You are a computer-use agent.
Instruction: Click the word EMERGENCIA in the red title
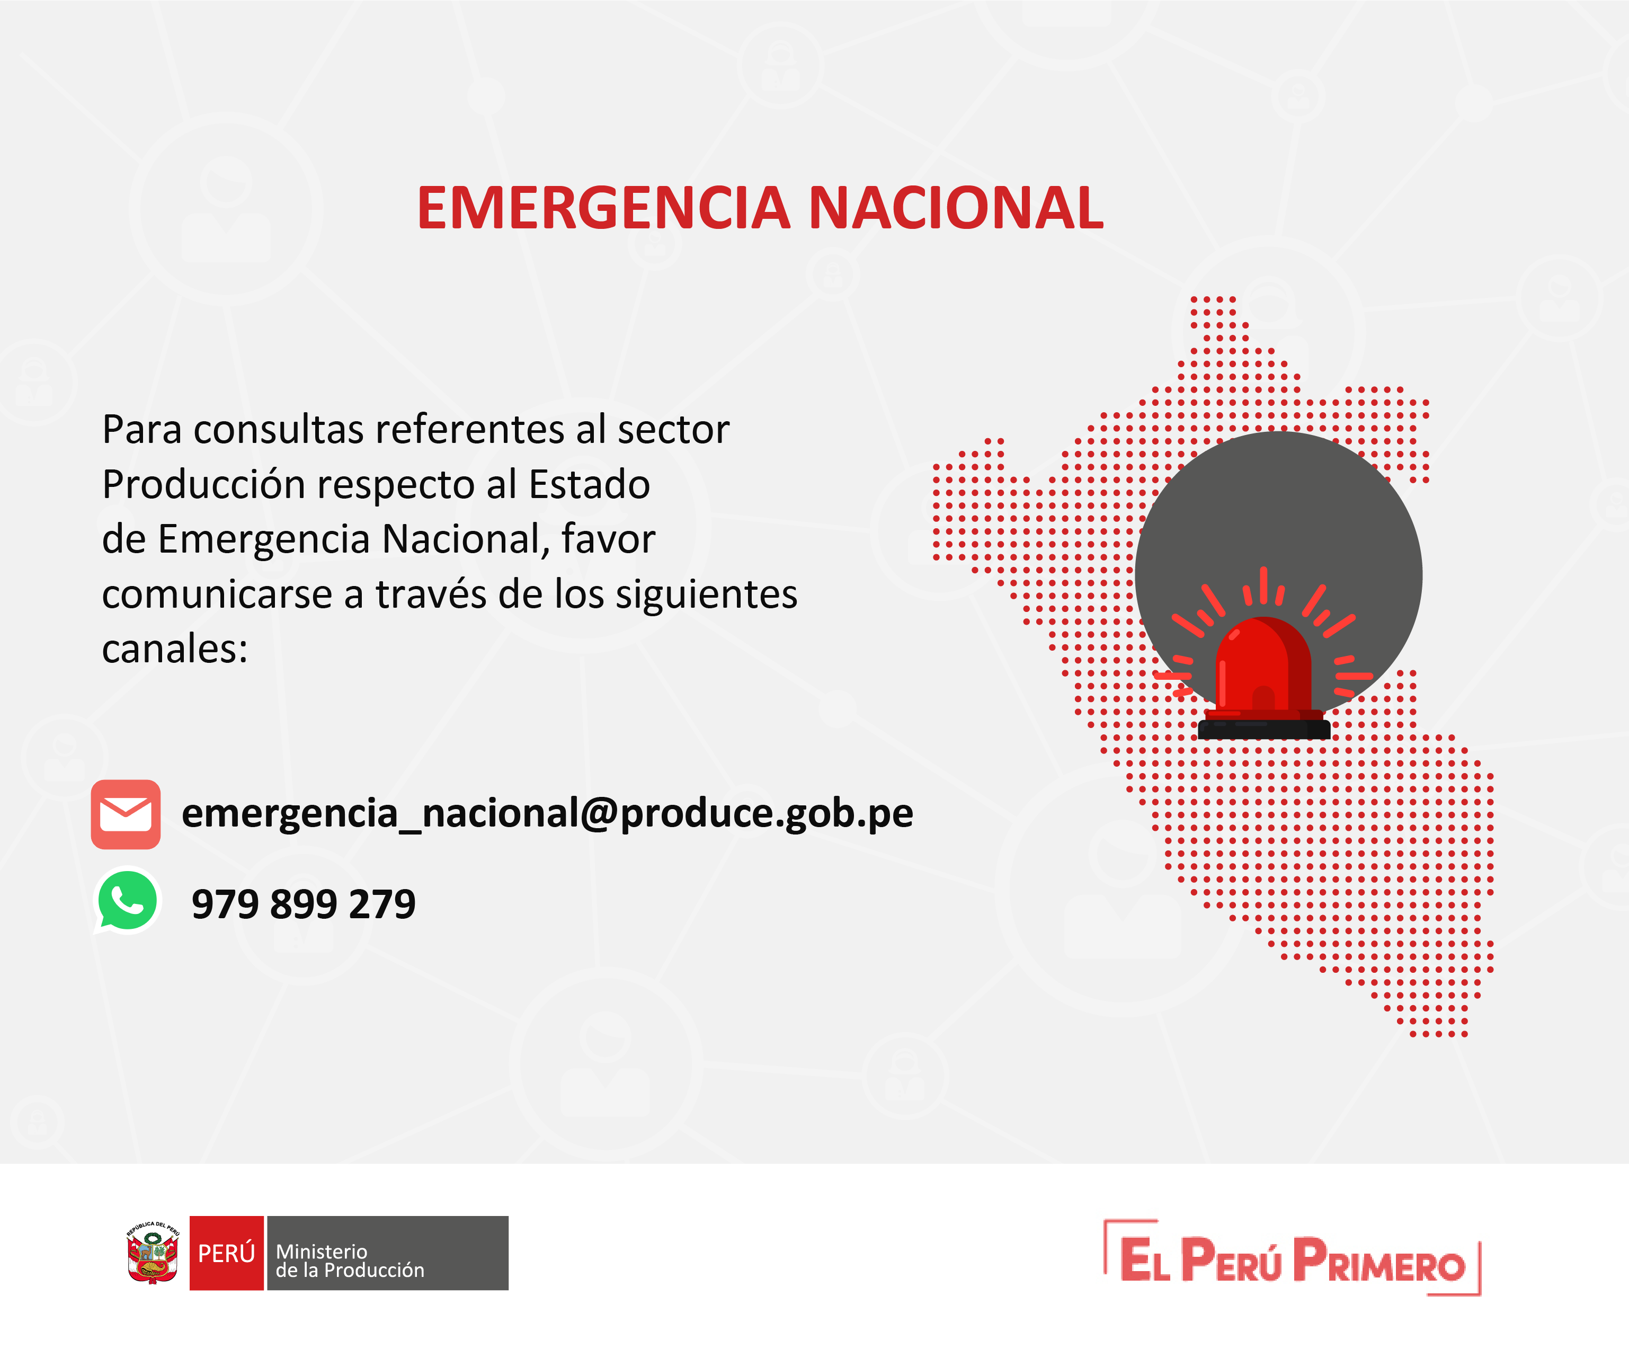coord(603,209)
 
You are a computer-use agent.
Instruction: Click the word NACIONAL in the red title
coord(956,209)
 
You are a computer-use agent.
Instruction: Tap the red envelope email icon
coord(126,814)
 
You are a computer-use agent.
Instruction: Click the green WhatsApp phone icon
coord(127,900)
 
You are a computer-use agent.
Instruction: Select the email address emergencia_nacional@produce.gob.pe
coord(547,813)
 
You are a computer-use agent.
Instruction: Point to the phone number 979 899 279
coord(304,904)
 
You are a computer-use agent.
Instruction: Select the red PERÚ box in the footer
coord(227,1253)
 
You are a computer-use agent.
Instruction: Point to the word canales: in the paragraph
coord(174,649)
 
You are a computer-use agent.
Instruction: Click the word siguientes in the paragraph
coord(706,595)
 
